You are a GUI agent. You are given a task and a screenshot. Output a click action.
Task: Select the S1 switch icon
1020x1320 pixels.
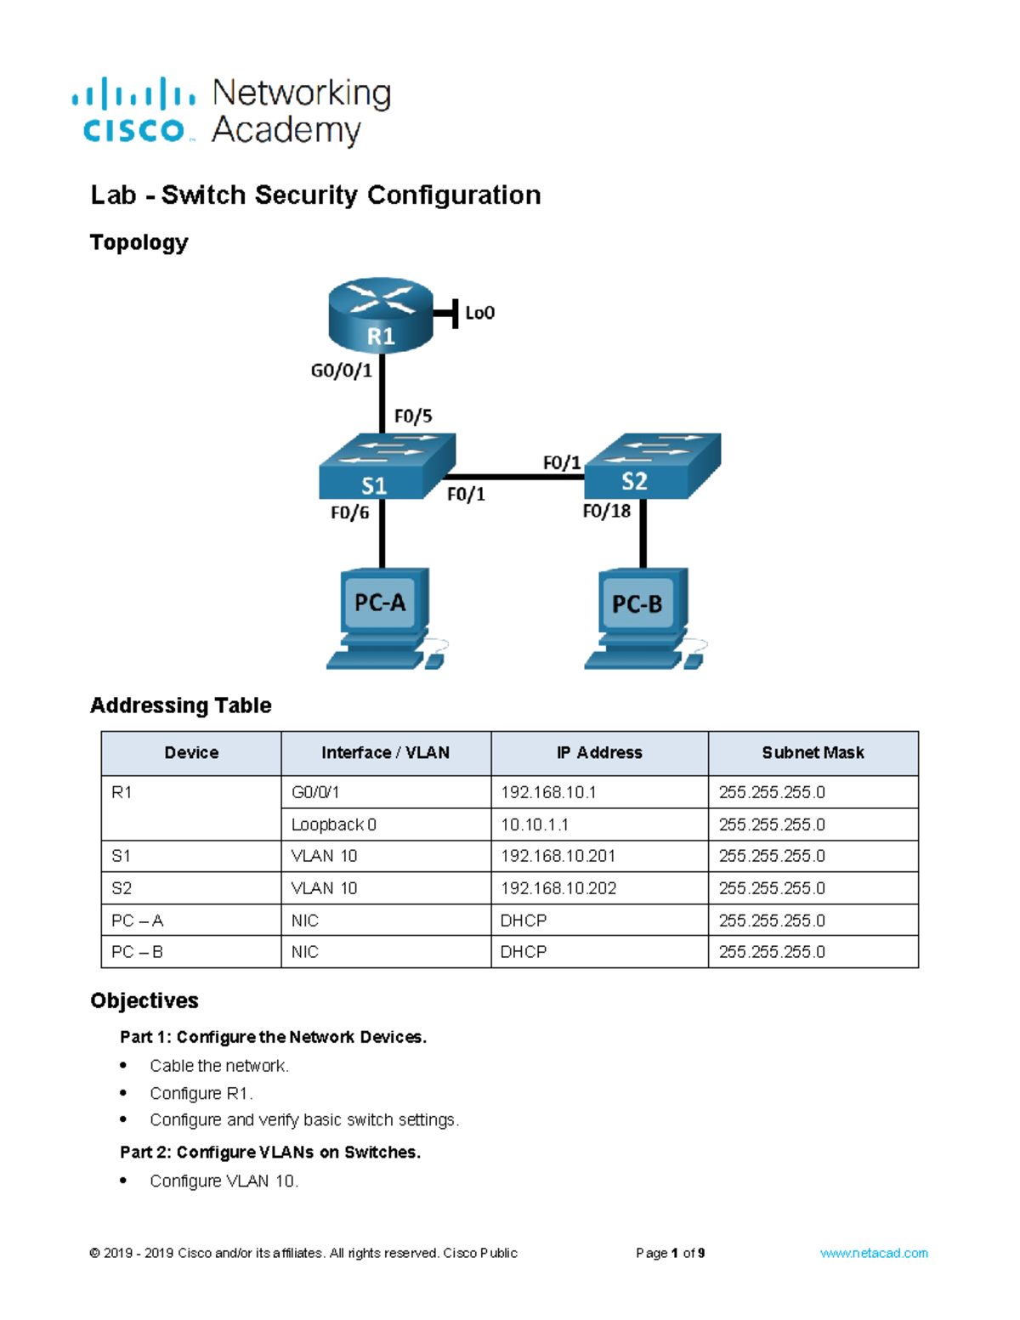coord(387,468)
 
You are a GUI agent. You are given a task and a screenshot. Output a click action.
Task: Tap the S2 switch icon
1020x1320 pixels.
coord(652,467)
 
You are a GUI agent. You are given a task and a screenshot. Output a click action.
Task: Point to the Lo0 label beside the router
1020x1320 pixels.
coord(479,313)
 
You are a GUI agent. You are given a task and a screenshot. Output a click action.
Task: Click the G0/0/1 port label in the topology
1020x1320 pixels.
coord(341,371)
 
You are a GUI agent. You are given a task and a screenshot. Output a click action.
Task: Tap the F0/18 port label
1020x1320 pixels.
coord(606,511)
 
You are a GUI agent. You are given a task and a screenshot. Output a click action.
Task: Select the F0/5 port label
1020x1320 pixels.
coord(413,416)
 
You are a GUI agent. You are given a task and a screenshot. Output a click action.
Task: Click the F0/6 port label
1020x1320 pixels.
coord(349,513)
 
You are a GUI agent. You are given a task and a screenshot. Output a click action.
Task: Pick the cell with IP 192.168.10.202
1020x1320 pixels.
coord(558,888)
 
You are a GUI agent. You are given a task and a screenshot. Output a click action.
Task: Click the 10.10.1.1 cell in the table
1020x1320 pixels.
coord(535,824)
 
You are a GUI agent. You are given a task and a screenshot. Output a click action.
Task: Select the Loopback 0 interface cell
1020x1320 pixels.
coord(334,824)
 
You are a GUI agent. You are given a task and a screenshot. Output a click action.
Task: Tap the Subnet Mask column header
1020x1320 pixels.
coord(813,753)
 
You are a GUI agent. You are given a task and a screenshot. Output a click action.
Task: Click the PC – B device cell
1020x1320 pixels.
coord(138,952)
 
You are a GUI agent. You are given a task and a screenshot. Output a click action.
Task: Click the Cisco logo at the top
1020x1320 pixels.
coord(133,110)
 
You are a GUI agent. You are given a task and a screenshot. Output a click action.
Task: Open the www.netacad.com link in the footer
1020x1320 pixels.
coord(873,1253)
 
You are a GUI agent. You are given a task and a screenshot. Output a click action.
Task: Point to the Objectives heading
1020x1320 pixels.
coord(144,1000)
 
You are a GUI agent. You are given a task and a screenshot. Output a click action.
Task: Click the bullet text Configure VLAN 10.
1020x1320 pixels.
coord(224,1181)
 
